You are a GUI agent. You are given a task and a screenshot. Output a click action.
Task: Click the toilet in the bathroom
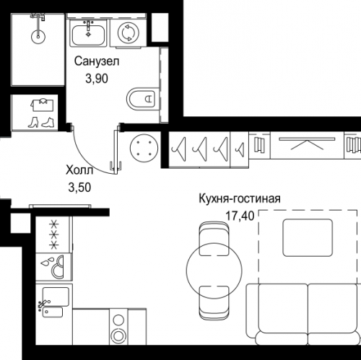142,99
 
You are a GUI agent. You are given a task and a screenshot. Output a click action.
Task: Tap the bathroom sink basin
88,35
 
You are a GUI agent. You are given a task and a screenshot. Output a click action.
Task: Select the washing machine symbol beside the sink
129,33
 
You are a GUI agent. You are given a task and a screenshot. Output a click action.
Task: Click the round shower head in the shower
38,37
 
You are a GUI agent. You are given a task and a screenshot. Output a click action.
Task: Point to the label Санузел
97,61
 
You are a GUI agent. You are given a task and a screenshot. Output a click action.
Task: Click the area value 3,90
97,79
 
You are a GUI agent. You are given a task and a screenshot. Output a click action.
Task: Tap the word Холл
79,170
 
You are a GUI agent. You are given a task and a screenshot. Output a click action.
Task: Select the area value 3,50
79,188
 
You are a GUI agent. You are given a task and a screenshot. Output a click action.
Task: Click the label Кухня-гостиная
240,199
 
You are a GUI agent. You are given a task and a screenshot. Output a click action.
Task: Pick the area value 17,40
240,216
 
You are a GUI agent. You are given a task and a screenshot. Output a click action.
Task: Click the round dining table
214,271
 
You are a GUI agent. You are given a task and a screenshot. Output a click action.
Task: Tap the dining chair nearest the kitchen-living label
214,239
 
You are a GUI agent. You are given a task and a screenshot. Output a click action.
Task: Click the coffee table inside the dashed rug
308,237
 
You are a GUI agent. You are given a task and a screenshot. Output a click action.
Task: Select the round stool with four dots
144,148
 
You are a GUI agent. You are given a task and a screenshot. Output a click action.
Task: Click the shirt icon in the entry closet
42,105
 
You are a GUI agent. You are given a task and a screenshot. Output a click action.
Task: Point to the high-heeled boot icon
33,122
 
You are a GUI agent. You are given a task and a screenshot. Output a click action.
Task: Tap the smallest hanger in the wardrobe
240,149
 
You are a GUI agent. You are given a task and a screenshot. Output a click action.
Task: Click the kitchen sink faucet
43,304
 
